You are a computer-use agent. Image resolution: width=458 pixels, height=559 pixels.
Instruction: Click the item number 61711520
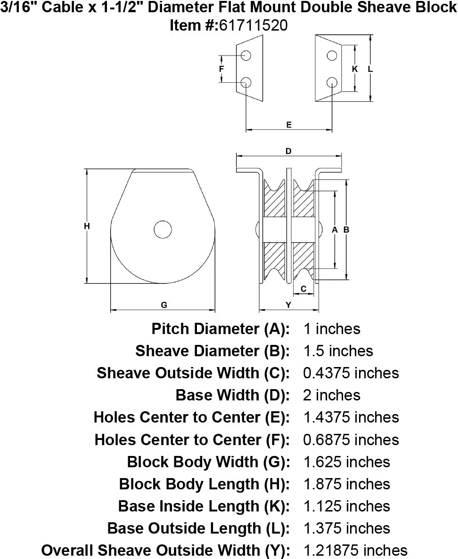253,25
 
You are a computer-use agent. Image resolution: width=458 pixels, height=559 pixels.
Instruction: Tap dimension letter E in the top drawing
289,125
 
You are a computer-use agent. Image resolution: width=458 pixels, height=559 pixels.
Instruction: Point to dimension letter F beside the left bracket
221,69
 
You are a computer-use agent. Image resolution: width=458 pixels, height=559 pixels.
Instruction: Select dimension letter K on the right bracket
355,69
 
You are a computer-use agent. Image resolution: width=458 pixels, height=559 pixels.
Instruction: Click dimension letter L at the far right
370,69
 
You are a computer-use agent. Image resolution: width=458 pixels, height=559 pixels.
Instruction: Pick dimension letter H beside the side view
87,226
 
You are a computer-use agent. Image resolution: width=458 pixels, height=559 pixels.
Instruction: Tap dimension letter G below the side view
164,305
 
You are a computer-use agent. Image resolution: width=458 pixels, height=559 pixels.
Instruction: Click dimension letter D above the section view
289,151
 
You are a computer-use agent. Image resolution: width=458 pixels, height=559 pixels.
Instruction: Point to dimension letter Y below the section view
289,305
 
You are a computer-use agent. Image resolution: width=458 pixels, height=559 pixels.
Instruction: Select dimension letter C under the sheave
304,288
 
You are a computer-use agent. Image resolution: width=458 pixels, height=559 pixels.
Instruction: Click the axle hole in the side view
163,229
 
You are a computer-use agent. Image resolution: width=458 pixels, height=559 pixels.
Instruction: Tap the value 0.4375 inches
351,373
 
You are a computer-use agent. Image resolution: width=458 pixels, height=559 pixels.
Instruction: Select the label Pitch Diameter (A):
220,329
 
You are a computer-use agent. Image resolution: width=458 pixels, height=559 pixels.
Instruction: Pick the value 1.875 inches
346,484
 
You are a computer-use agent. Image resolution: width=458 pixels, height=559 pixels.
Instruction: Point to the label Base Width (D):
232,395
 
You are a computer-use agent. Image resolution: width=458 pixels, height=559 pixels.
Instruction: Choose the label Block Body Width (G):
208,462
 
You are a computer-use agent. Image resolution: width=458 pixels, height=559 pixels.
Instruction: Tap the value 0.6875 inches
351,439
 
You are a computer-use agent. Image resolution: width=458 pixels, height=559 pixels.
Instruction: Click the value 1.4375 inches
351,417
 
